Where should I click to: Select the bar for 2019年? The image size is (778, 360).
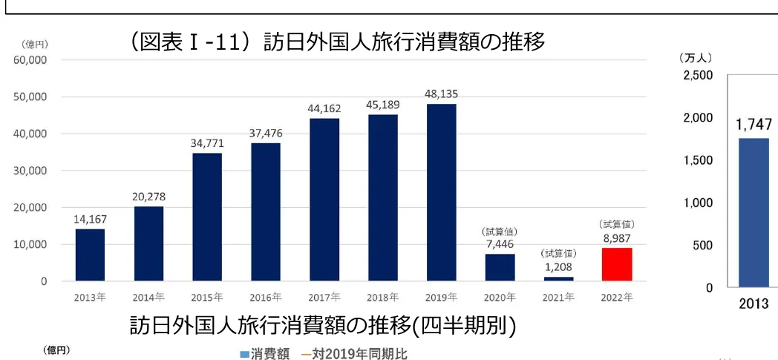click(x=441, y=193)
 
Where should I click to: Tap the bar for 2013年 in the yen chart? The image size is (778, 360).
click(x=90, y=255)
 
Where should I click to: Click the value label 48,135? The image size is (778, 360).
click(x=441, y=94)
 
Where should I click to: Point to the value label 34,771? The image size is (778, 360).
click(x=207, y=143)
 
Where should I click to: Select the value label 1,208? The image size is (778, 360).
click(x=558, y=266)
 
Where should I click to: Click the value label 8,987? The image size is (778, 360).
click(x=616, y=237)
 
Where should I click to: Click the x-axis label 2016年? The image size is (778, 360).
click(x=266, y=298)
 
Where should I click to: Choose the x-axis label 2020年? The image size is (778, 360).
click(x=500, y=298)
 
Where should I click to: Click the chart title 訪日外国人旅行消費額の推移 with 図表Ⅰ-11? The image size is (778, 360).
click(x=338, y=42)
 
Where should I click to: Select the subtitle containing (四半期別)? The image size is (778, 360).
click(x=322, y=326)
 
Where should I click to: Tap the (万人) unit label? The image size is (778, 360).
click(x=695, y=57)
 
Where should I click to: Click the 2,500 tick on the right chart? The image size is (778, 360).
click(x=697, y=76)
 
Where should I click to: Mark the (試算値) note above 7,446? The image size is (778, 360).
click(x=500, y=231)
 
